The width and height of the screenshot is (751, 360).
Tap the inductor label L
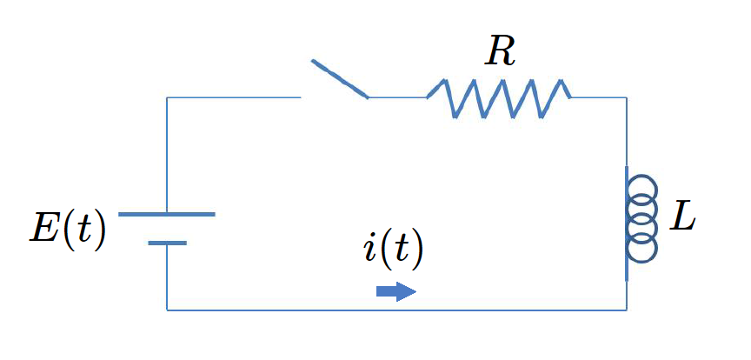(683, 218)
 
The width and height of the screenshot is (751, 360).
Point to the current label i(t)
(393, 250)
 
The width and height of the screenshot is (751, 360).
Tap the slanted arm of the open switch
(340, 78)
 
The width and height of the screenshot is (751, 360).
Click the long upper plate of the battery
(166, 214)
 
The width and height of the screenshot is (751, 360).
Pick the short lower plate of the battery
(167, 243)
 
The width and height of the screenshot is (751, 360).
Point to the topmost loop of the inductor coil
(642, 187)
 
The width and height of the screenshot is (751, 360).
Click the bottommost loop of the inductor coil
(642, 250)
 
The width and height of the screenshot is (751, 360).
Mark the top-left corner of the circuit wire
(167, 97)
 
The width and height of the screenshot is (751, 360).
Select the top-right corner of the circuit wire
(627, 97)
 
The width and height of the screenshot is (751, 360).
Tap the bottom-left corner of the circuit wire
(167, 310)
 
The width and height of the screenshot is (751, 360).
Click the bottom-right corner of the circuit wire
(627, 310)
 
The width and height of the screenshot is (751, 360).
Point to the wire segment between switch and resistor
(397, 97)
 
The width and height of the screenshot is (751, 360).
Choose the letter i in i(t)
(369, 250)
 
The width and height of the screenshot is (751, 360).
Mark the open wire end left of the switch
(301, 97)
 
